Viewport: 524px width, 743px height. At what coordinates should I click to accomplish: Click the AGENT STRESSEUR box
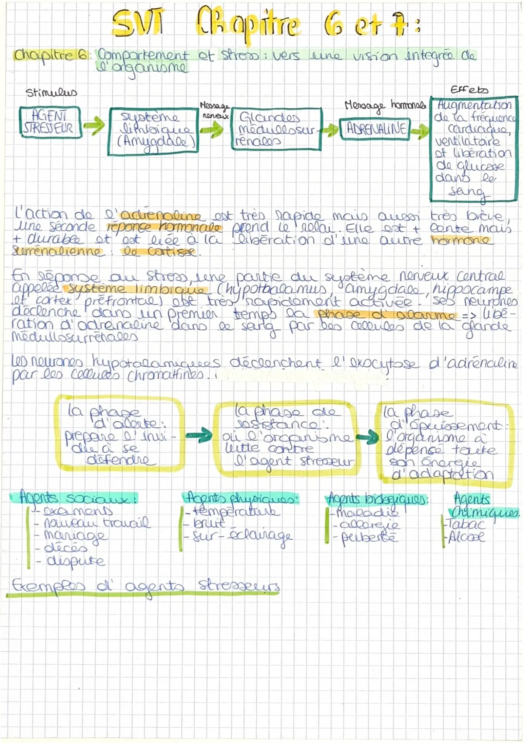pos(50,122)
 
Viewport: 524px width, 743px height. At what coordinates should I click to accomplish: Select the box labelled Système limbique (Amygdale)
pos(152,131)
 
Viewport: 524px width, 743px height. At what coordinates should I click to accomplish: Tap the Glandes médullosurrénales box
pos(276,129)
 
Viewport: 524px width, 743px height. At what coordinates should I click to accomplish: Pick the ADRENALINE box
pos(375,129)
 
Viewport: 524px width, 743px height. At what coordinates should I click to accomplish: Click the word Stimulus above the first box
pos(51,92)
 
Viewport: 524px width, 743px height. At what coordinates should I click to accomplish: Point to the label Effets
pos(469,90)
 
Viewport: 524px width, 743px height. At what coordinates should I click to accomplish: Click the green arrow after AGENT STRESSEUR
pos(94,125)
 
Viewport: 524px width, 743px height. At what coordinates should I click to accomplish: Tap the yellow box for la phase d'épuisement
pos(445,444)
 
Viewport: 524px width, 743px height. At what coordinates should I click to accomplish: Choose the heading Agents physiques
pos(241,498)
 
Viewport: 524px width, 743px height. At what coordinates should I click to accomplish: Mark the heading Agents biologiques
pos(377,499)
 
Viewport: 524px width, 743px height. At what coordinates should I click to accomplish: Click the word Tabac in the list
pos(466,524)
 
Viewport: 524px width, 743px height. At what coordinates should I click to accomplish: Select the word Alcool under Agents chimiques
pos(466,537)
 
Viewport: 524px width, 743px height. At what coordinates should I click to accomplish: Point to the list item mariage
pos(74,535)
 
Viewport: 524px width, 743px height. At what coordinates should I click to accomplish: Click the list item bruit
pos(209,523)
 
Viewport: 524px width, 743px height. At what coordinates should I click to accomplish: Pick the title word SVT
pos(138,23)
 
